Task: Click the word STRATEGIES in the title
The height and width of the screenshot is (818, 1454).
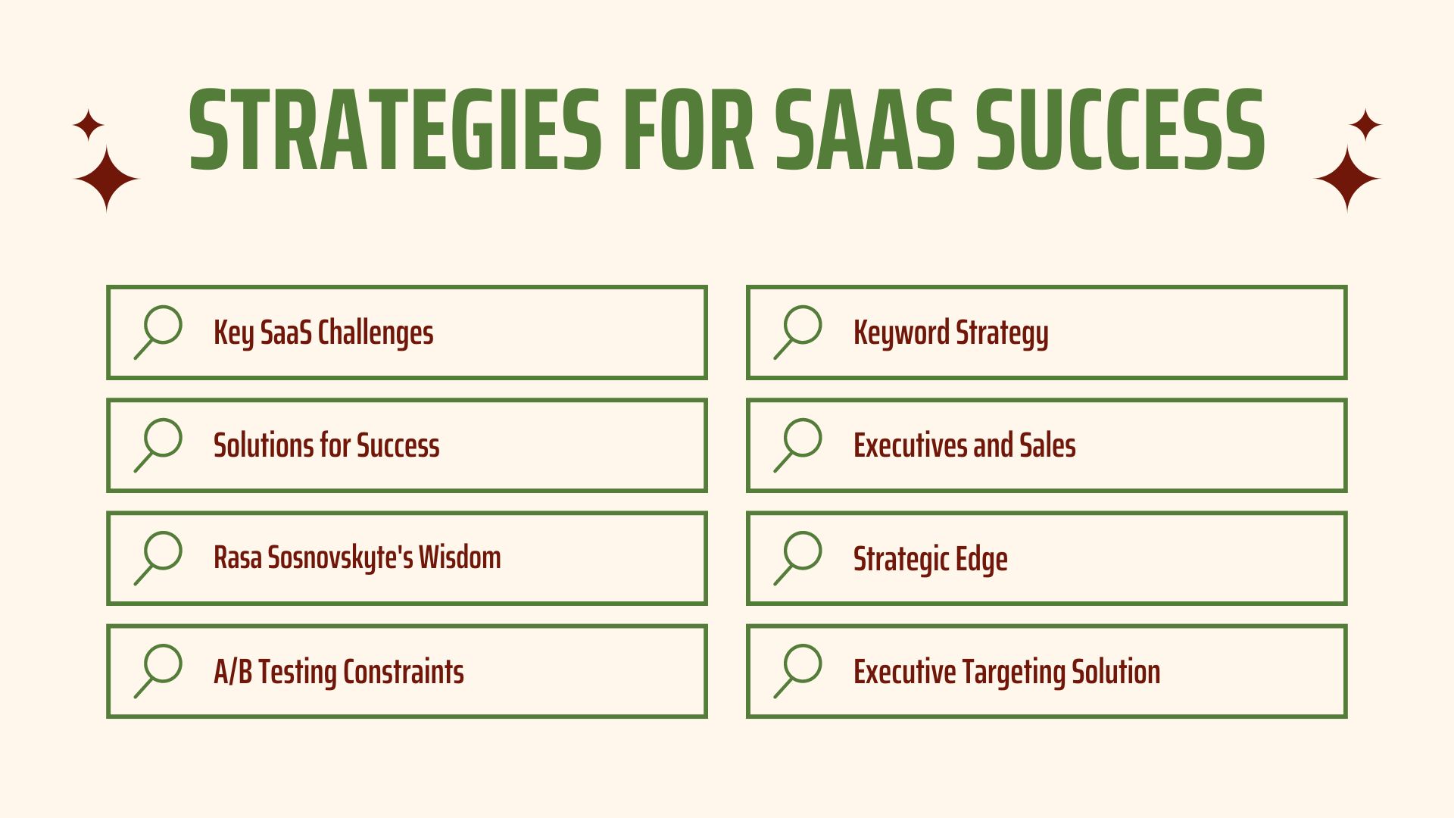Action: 395,130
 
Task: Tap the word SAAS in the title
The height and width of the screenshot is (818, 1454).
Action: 866,130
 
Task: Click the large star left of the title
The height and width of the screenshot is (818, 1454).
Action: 106,179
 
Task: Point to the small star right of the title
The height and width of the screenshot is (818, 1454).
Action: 1365,125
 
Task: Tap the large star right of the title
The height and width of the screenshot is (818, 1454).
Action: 1347,179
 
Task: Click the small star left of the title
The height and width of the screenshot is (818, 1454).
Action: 89,125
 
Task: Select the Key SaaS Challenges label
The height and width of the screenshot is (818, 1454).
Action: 323,333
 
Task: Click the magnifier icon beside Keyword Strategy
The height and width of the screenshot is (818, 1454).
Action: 797,332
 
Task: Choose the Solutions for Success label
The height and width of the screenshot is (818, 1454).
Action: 326,445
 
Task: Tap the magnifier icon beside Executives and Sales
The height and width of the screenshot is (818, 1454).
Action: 797,445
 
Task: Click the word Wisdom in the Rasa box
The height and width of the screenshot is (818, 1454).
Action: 460,557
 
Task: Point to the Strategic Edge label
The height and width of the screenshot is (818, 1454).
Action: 930,560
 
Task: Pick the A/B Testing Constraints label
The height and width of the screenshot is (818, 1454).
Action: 339,673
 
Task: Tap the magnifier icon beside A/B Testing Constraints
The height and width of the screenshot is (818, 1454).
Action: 158,671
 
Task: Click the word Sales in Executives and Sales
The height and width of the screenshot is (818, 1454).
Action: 1047,445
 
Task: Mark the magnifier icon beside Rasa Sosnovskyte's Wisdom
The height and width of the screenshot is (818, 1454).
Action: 158,558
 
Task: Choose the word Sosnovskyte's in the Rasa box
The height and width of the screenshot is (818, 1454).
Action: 340,558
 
